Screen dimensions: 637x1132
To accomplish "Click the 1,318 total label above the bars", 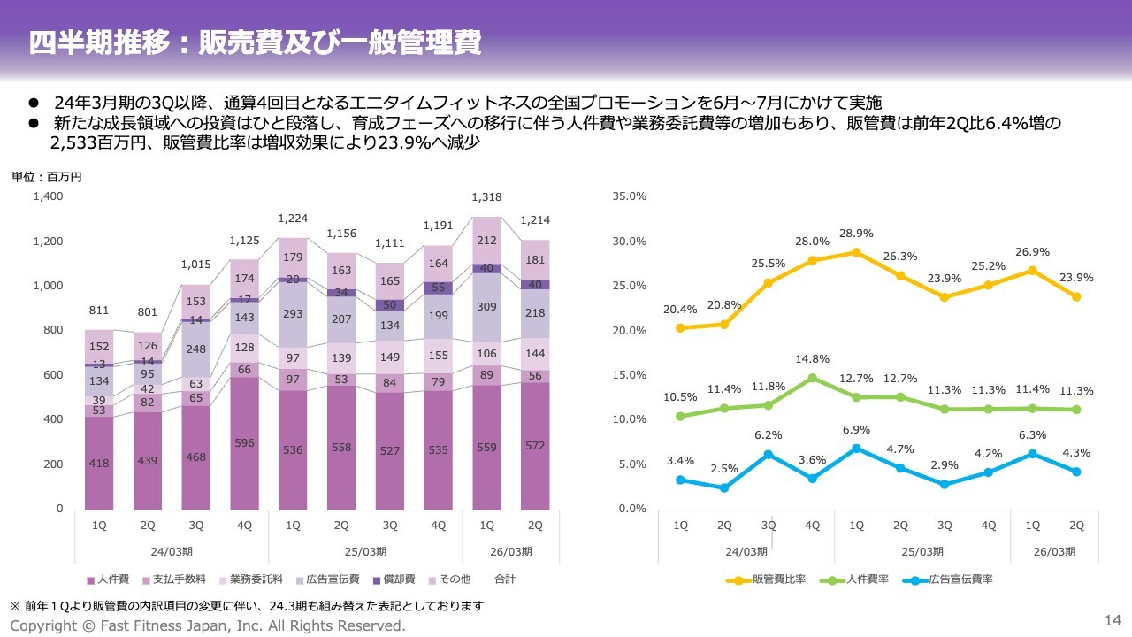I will point(486,197).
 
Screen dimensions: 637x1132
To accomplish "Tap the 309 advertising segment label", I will point(486,307).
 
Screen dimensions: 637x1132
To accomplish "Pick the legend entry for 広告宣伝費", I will point(329,579).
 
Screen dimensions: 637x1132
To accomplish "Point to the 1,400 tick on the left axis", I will point(48,196).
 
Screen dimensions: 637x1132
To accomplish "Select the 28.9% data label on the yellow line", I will point(856,234).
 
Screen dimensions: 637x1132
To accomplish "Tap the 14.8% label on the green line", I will point(812,359).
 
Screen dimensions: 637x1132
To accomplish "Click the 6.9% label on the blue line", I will point(856,429).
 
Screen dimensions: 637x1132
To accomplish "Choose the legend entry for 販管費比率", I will point(770,579).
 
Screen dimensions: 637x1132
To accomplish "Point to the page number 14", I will point(1113,618).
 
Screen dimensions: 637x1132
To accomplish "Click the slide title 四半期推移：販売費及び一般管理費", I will point(255,43).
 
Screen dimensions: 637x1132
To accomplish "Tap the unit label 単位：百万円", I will point(46,177).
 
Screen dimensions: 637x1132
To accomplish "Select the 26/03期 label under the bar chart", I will point(510,551).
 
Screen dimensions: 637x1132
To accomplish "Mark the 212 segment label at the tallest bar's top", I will point(486,239).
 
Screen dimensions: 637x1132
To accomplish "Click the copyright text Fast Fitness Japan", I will point(208,625).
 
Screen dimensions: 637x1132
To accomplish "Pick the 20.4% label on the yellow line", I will point(680,310).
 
